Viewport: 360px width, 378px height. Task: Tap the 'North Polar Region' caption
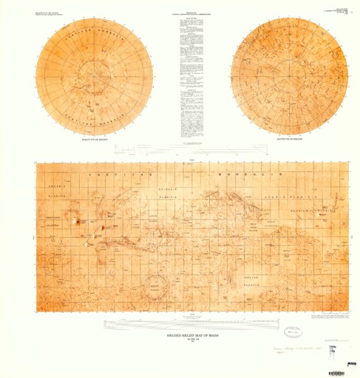(x=94, y=138)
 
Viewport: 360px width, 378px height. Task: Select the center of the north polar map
(x=94, y=76)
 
